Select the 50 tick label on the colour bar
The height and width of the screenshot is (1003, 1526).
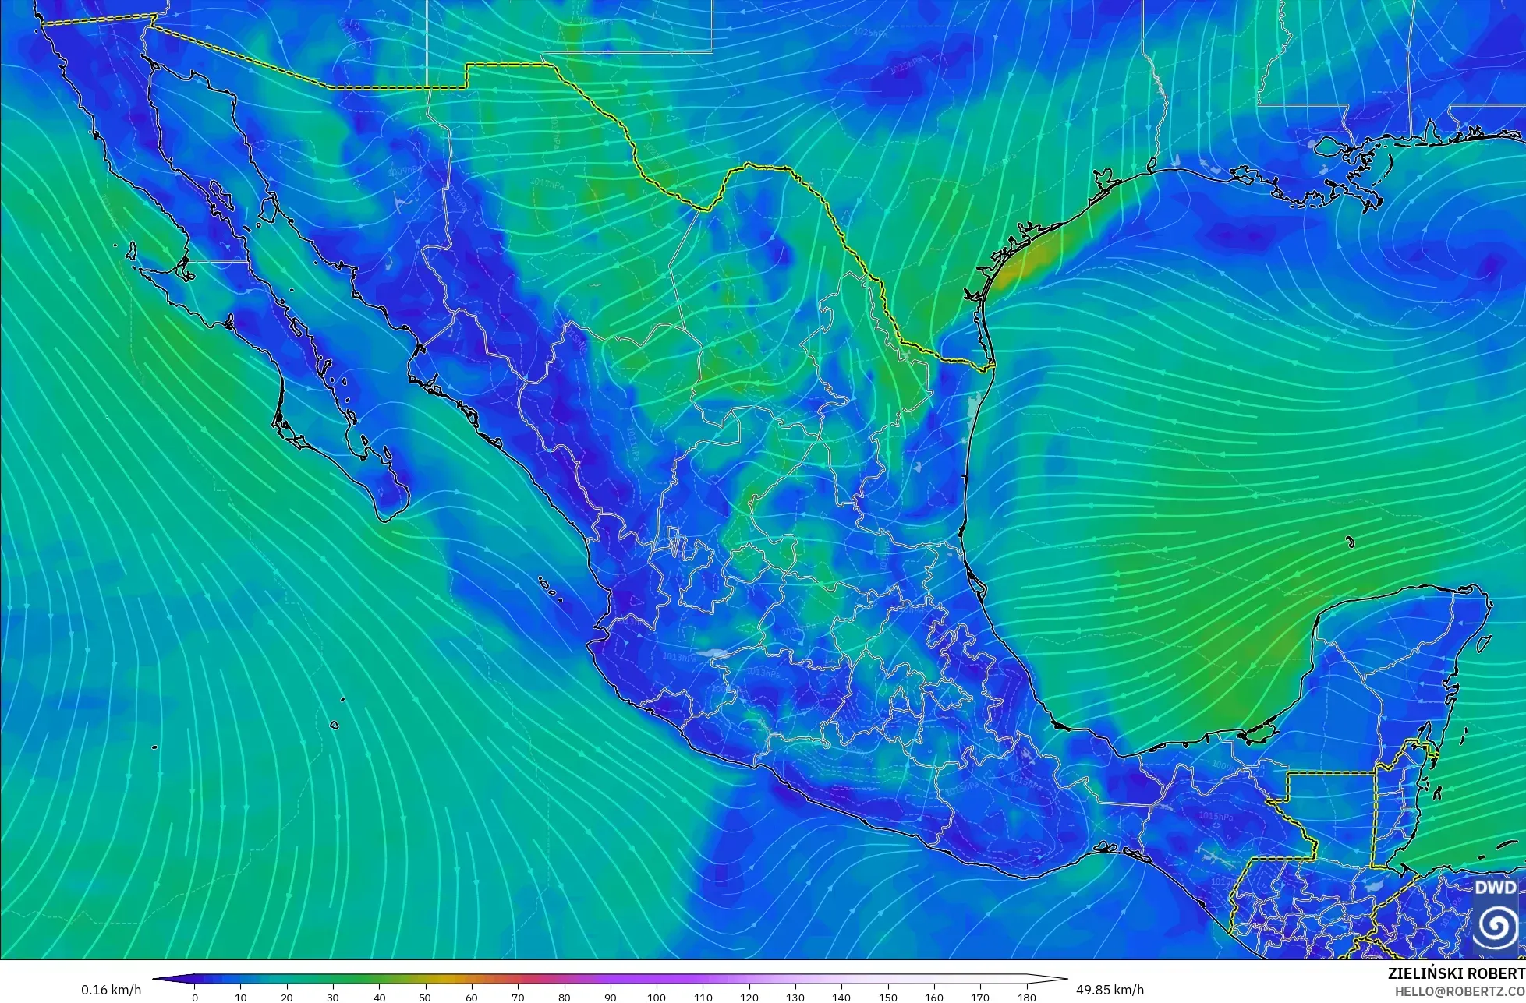tap(426, 997)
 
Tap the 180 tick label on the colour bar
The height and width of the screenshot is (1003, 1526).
tap(1026, 997)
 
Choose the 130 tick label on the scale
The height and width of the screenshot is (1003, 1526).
tap(795, 997)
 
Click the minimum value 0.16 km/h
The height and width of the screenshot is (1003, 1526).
tap(112, 990)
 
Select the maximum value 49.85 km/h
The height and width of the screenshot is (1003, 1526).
tap(1110, 990)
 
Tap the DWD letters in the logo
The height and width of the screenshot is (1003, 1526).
tap(1496, 888)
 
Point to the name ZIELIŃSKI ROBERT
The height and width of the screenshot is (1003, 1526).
tap(1456, 973)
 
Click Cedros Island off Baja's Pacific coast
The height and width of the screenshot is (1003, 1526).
tap(131, 251)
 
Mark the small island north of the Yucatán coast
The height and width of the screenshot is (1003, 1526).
tap(1350, 542)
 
